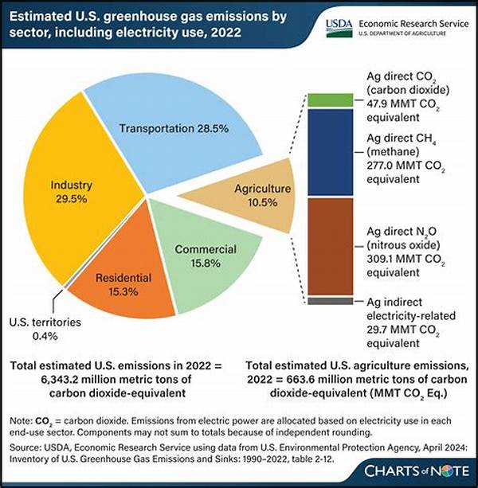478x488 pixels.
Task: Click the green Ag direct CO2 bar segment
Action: click(x=324, y=100)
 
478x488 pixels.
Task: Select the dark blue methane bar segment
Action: click(x=324, y=151)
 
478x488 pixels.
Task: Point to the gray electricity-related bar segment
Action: click(x=324, y=300)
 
